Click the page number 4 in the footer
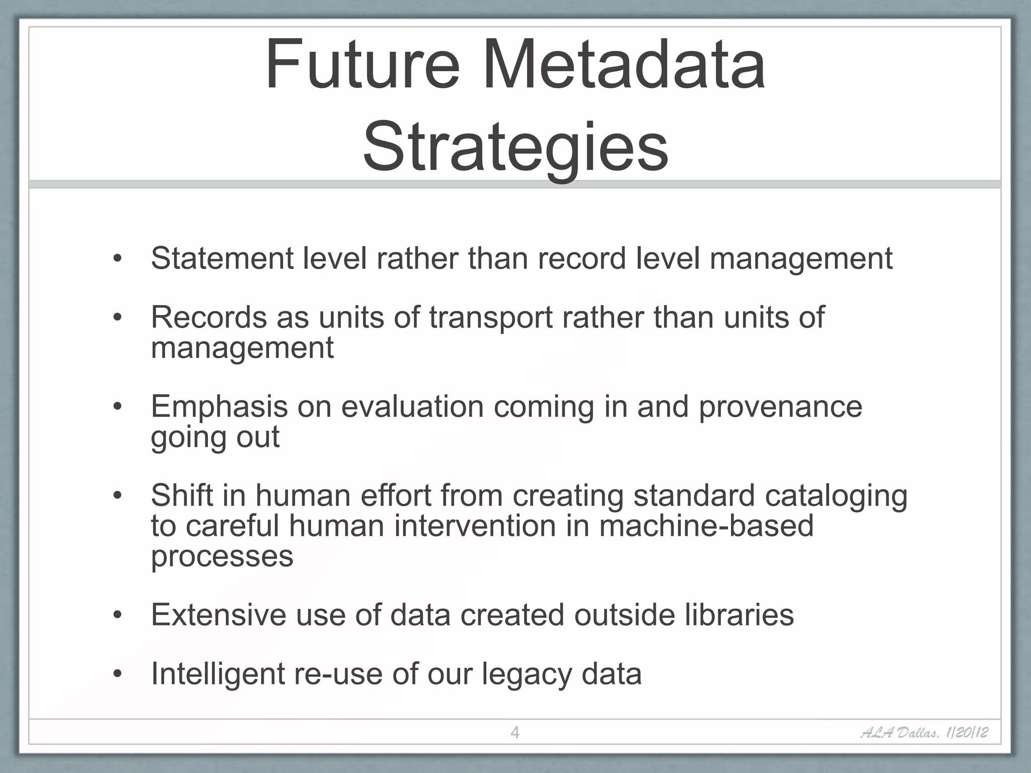pyautogui.click(x=514, y=732)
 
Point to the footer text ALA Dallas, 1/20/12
pyautogui.click(x=924, y=732)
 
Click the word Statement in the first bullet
pyautogui.click(x=222, y=258)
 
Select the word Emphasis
pyautogui.click(x=219, y=407)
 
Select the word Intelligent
pyautogui.click(x=217, y=674)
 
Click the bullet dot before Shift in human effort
pyautogui.click(x=117, y=496)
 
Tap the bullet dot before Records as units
pyautogui.click(x=117, y=318)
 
